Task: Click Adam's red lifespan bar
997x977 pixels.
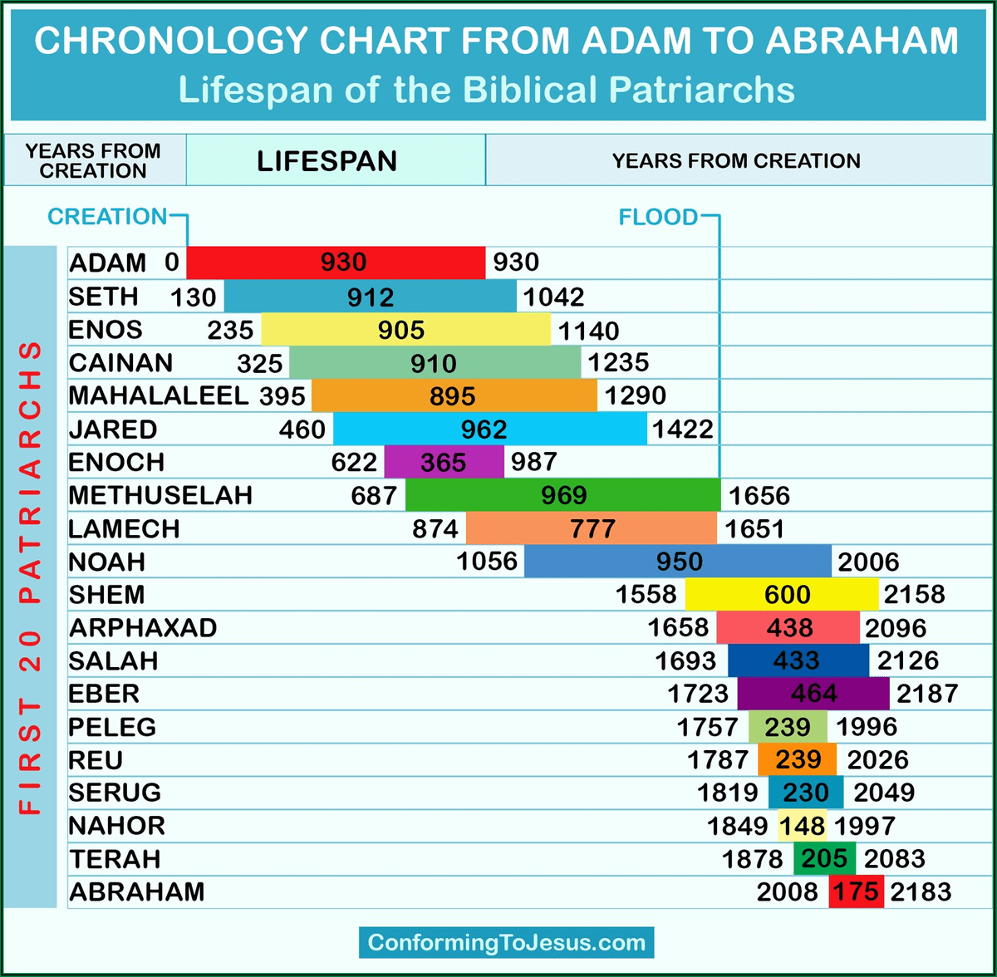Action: tap(336, 263)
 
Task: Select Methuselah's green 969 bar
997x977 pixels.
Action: tap(562, 495)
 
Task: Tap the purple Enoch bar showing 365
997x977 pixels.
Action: tap(444, 462)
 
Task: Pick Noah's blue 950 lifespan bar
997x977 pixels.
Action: tap(677, 562)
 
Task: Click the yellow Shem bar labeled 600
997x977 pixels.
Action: tap(781, 595)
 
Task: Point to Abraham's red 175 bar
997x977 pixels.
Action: tap(856, 891)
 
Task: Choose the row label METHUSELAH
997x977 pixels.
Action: tap(160, 495)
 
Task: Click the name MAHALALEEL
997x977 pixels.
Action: tap(159, 395)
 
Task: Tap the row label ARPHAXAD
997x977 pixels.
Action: tap(143, 627)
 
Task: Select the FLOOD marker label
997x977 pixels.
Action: tap(658, 217)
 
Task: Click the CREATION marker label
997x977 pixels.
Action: tap(107, 217)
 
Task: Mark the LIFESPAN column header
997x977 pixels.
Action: tap(327, 161)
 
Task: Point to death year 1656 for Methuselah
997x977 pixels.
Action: tap(759, 496)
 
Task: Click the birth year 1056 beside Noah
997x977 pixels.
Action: tap(487, 562)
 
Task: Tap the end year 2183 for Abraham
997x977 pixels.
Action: tap(921, 892)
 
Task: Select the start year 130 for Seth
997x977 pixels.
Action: tap(193, 297)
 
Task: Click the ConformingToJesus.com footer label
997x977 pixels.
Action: tap(507, 943)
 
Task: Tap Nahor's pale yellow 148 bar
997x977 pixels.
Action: tap(803, 826)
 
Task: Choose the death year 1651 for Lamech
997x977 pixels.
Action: tap(754, 529)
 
